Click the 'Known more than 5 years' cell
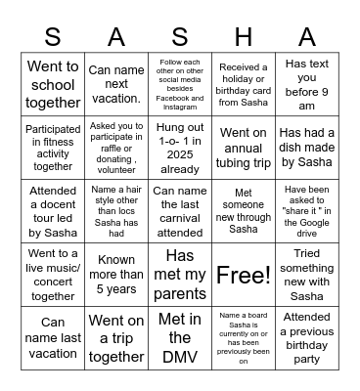point(116,274)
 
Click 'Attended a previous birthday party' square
point(306,337)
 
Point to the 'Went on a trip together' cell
point(116,337)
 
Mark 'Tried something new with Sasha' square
point(306,274)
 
